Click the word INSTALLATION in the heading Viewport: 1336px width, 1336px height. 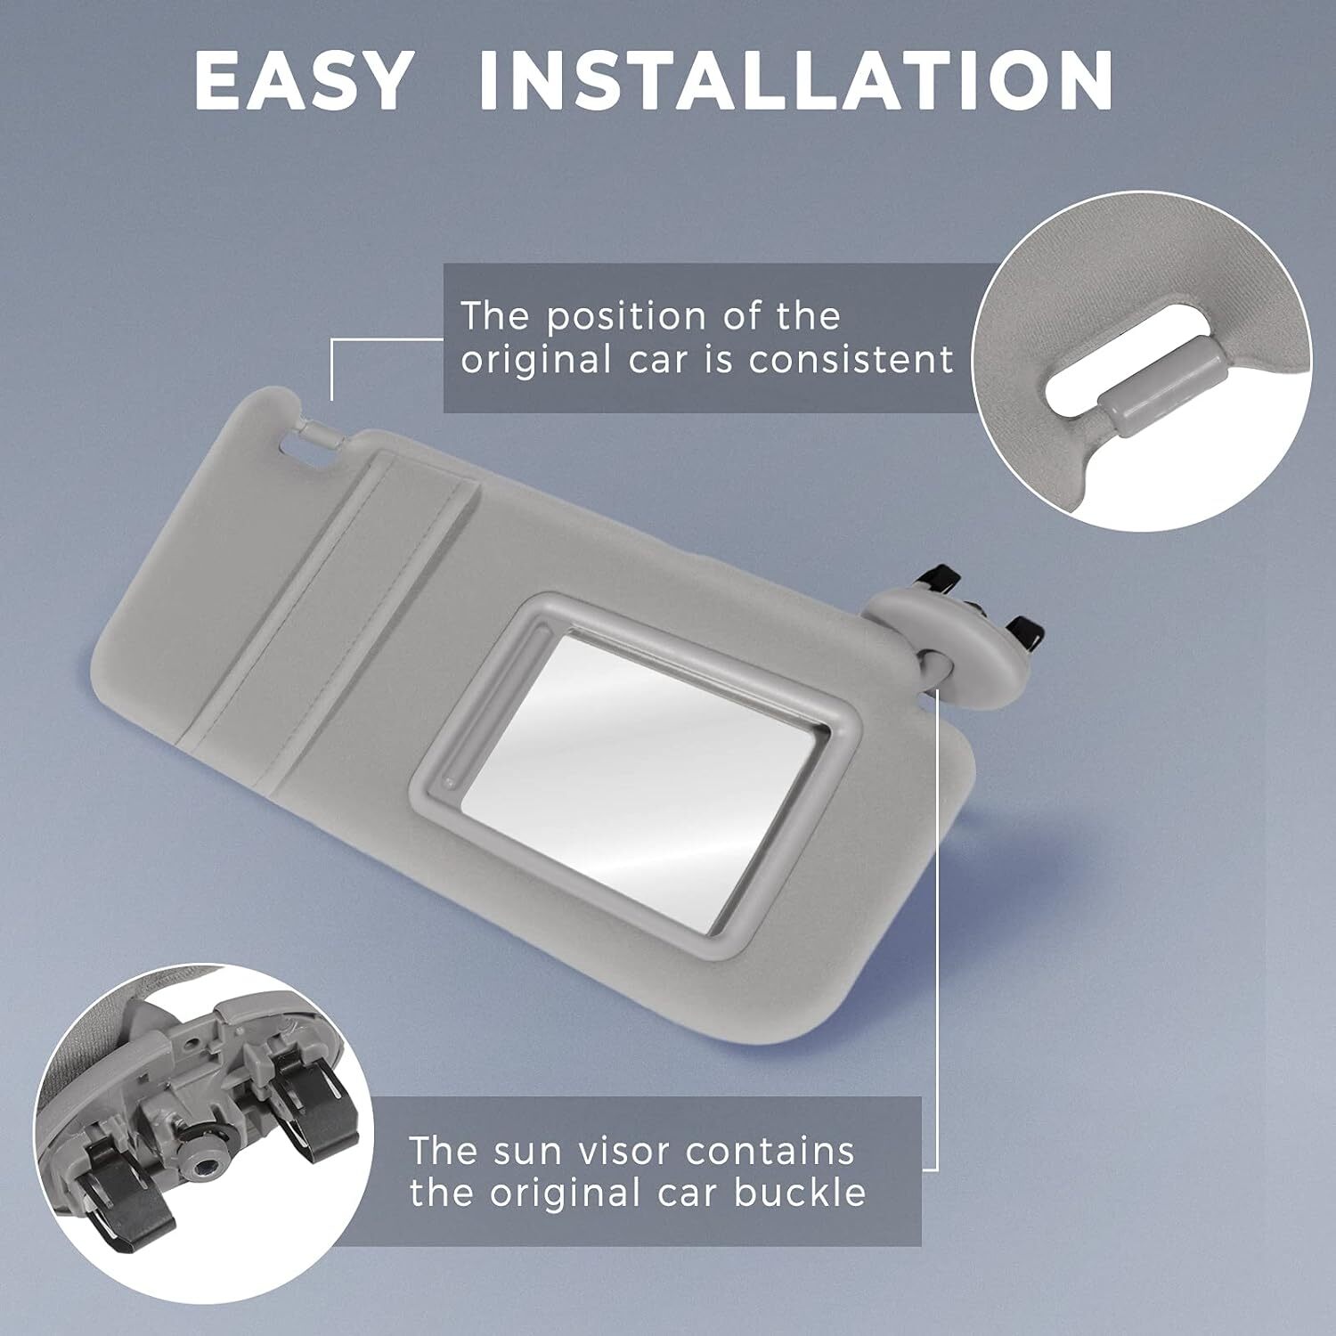point(795,81)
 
